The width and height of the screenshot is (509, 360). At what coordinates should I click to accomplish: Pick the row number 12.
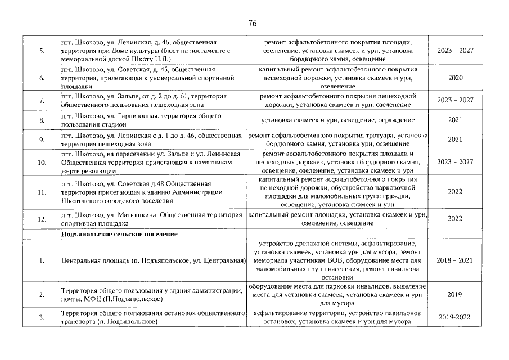coord(42,219)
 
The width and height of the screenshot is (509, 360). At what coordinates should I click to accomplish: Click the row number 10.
coord(42,162)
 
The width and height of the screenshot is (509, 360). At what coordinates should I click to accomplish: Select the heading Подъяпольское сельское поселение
coord(120,233)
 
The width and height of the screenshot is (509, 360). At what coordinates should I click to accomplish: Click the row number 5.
coord(42,51)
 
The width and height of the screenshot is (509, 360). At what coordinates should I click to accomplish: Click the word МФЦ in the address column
coord(91,298)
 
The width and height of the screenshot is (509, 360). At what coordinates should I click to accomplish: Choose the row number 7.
coord(42,100)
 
